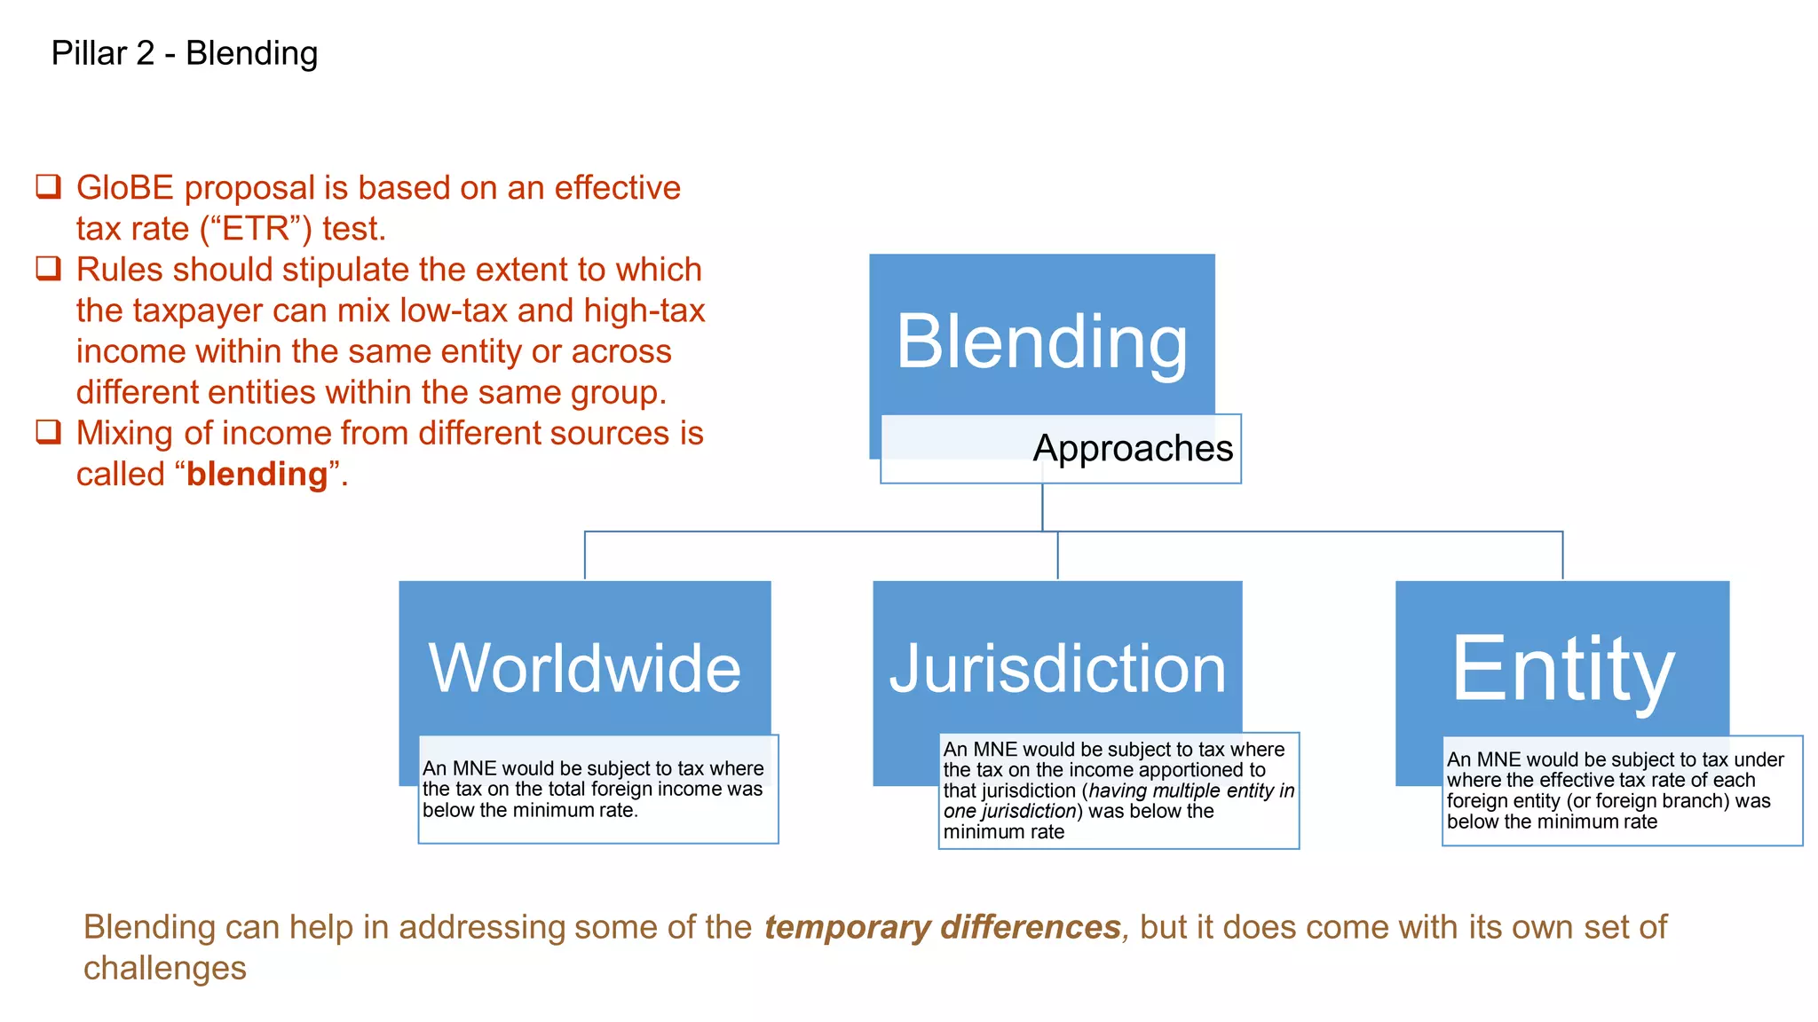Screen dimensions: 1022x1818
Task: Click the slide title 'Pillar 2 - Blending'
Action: click(185, 53)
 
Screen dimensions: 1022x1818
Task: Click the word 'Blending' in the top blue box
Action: click(1041, 342)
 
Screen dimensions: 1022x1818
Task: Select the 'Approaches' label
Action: click(1133, 448)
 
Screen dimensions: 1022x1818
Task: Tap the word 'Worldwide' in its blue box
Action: click(585, 668)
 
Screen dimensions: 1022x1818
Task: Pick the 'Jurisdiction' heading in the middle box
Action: click(1057, 668)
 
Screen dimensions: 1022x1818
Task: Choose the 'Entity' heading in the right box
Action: click(1562, 668)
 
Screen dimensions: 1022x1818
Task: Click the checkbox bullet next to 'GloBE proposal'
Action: click(48, 186)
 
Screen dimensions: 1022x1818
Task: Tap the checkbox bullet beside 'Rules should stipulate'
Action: click(48, 268)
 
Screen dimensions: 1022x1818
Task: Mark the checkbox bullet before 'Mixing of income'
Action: click(48, 432)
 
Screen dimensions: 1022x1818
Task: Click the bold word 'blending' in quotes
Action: click(257, 475)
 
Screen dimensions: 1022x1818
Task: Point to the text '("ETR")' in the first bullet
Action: click(256, 229)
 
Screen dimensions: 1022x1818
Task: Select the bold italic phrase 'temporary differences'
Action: click(942, 927)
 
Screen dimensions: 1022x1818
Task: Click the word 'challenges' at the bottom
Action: click(165, 968)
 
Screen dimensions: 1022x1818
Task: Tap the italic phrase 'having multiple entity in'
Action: click(1191, 790)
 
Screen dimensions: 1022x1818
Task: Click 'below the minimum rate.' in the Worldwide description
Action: click(530, 810)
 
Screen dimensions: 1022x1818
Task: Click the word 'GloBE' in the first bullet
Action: click(125, 188)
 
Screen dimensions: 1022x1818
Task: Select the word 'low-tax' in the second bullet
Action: click(454, 311)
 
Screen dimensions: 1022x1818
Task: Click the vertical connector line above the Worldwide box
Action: click(585, 555)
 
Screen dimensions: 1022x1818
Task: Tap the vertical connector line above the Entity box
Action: click(1562, 555)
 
